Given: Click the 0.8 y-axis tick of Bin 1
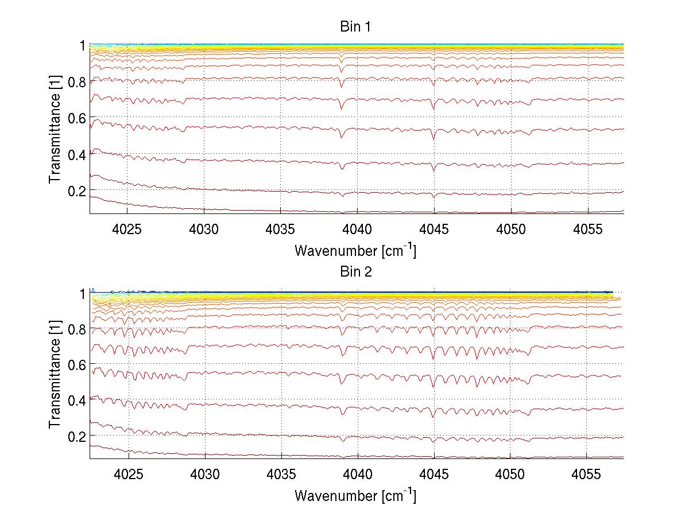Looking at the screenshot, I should point(77,82).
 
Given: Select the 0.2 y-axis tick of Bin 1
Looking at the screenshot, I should point(77,190).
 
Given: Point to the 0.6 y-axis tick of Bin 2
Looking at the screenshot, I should point(77,364).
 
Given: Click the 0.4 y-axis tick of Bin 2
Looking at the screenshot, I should point(77,400).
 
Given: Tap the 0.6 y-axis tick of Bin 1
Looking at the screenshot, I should point(77,118).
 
